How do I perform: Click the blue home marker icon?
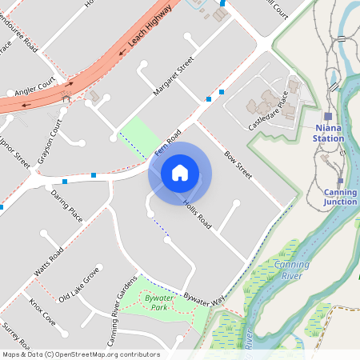(180, 173)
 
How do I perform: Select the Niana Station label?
(329, 132)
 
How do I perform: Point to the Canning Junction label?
(340, 197)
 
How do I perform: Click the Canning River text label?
(291, 270)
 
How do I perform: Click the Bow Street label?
(238, 164)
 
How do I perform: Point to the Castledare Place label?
(267, 111)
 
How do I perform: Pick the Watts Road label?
(49, 267)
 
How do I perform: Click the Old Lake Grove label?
(79, 286)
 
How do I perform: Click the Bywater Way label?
(202, 296)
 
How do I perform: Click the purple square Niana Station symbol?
(328, 116)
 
